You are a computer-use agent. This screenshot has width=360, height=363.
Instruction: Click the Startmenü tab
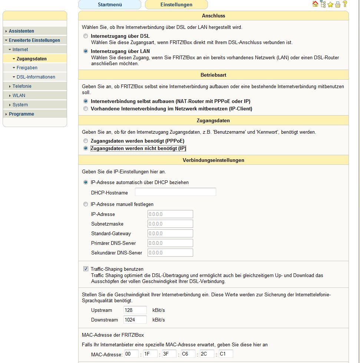coord(110,5)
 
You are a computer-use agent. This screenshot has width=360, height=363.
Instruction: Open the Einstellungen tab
coord(176,5)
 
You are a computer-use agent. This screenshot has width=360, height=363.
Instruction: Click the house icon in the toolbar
coord(315,4)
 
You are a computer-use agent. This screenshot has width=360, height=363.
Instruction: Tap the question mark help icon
coord(345,4)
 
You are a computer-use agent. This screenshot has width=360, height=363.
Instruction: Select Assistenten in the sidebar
coord(22,31)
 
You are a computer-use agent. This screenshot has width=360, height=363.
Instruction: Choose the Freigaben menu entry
coord(27,68)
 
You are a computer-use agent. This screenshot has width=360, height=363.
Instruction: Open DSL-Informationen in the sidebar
coord(36,77)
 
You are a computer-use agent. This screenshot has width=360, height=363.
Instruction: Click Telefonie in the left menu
coord(22,86)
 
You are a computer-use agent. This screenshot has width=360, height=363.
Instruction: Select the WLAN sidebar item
coord(19,96)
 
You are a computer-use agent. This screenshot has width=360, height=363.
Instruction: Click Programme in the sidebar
coord(22,114)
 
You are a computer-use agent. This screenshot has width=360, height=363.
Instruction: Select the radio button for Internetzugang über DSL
coord(86,36)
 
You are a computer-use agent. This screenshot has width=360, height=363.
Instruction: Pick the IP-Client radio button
coord(86,109)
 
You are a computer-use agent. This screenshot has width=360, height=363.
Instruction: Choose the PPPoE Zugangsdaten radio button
coord(86,141)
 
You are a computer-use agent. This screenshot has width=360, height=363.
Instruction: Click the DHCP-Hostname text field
coord(175,192)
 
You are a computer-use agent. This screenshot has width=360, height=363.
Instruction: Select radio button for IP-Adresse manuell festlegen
coord(86,204)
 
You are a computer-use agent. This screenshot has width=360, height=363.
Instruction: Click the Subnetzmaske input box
coord(170,224)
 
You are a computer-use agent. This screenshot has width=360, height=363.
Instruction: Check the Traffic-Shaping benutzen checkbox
coord(86,269)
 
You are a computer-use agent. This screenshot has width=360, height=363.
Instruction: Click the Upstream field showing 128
coord(135,310)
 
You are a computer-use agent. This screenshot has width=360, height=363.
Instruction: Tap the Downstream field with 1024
coord(135,320)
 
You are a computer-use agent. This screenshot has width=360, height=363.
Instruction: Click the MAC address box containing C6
coord(188,354)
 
